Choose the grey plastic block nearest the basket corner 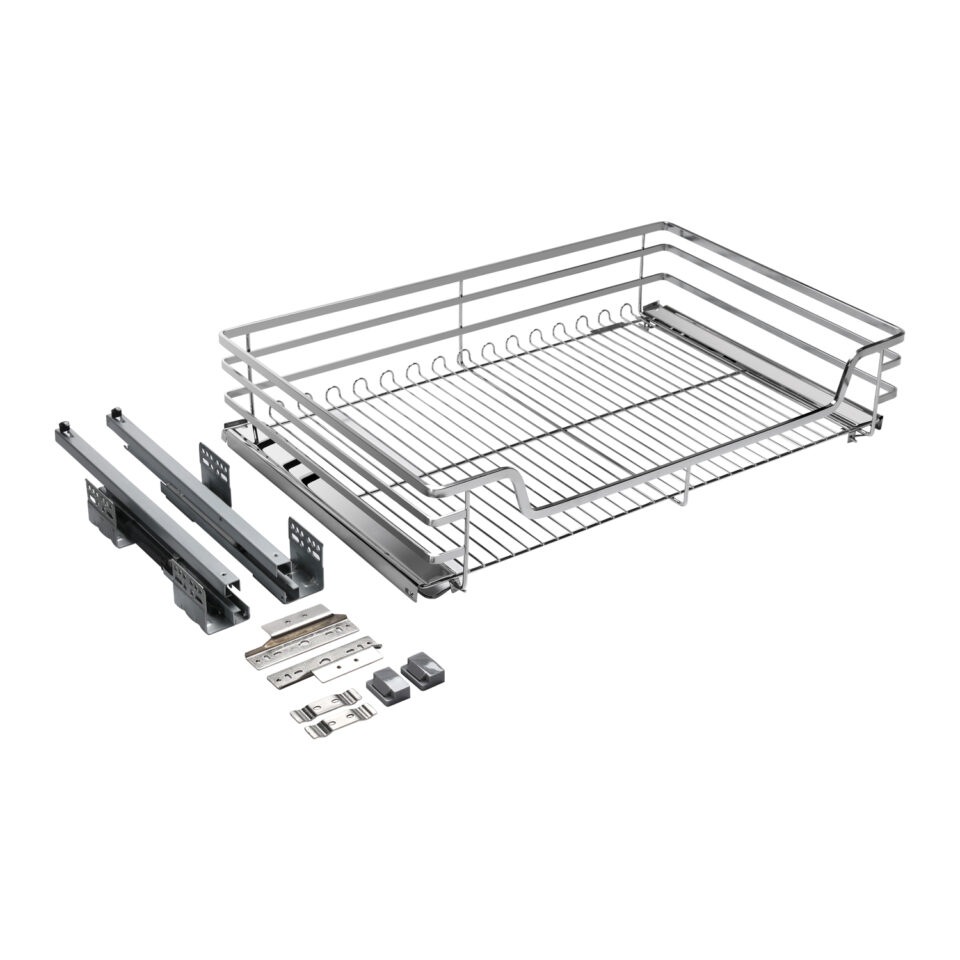422,672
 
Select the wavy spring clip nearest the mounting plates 325,703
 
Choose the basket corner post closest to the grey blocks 466,540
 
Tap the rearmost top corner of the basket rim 661,225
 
